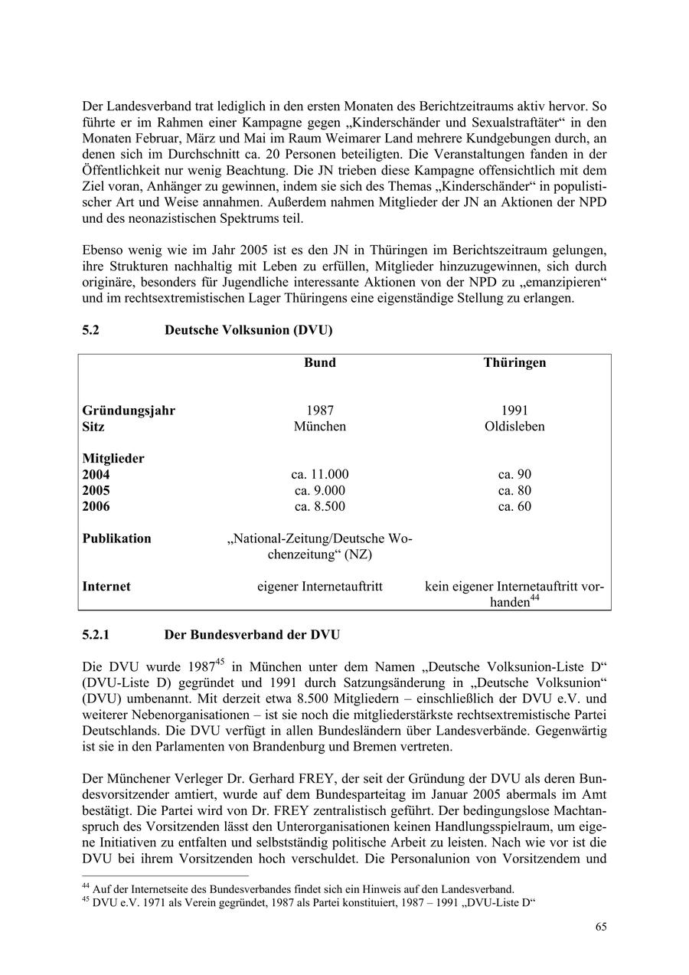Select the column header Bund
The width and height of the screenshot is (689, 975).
click(x=320, y=362)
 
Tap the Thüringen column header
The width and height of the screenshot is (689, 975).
click(x=514, y=362)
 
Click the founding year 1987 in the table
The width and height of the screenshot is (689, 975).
click(x=320, y=411)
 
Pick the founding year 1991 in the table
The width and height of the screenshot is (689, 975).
click(x=514, y=411)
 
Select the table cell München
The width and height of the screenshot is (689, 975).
click(x=320, y=427)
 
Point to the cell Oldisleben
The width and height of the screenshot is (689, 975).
click(x=514, y=427)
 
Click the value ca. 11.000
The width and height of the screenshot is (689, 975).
click(x=320, y=475)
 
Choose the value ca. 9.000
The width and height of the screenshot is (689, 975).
click(x=320, y=491)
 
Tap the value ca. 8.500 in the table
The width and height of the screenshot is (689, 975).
click(x=320, y=507)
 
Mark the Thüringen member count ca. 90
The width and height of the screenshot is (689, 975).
click(x=514, y=475)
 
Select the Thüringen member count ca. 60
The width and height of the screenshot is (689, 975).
click(x=514, y=507)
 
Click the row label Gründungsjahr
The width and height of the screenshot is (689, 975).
click(x=129, y=411)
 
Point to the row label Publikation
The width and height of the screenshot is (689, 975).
click(x=117, y=538)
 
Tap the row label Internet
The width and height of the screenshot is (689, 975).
click(x=106, y=587)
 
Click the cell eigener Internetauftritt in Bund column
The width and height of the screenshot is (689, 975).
click(x=320, y=587)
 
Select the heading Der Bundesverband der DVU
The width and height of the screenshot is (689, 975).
click(x=252, y=635)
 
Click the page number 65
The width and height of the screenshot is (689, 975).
click(x=601, y=927)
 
